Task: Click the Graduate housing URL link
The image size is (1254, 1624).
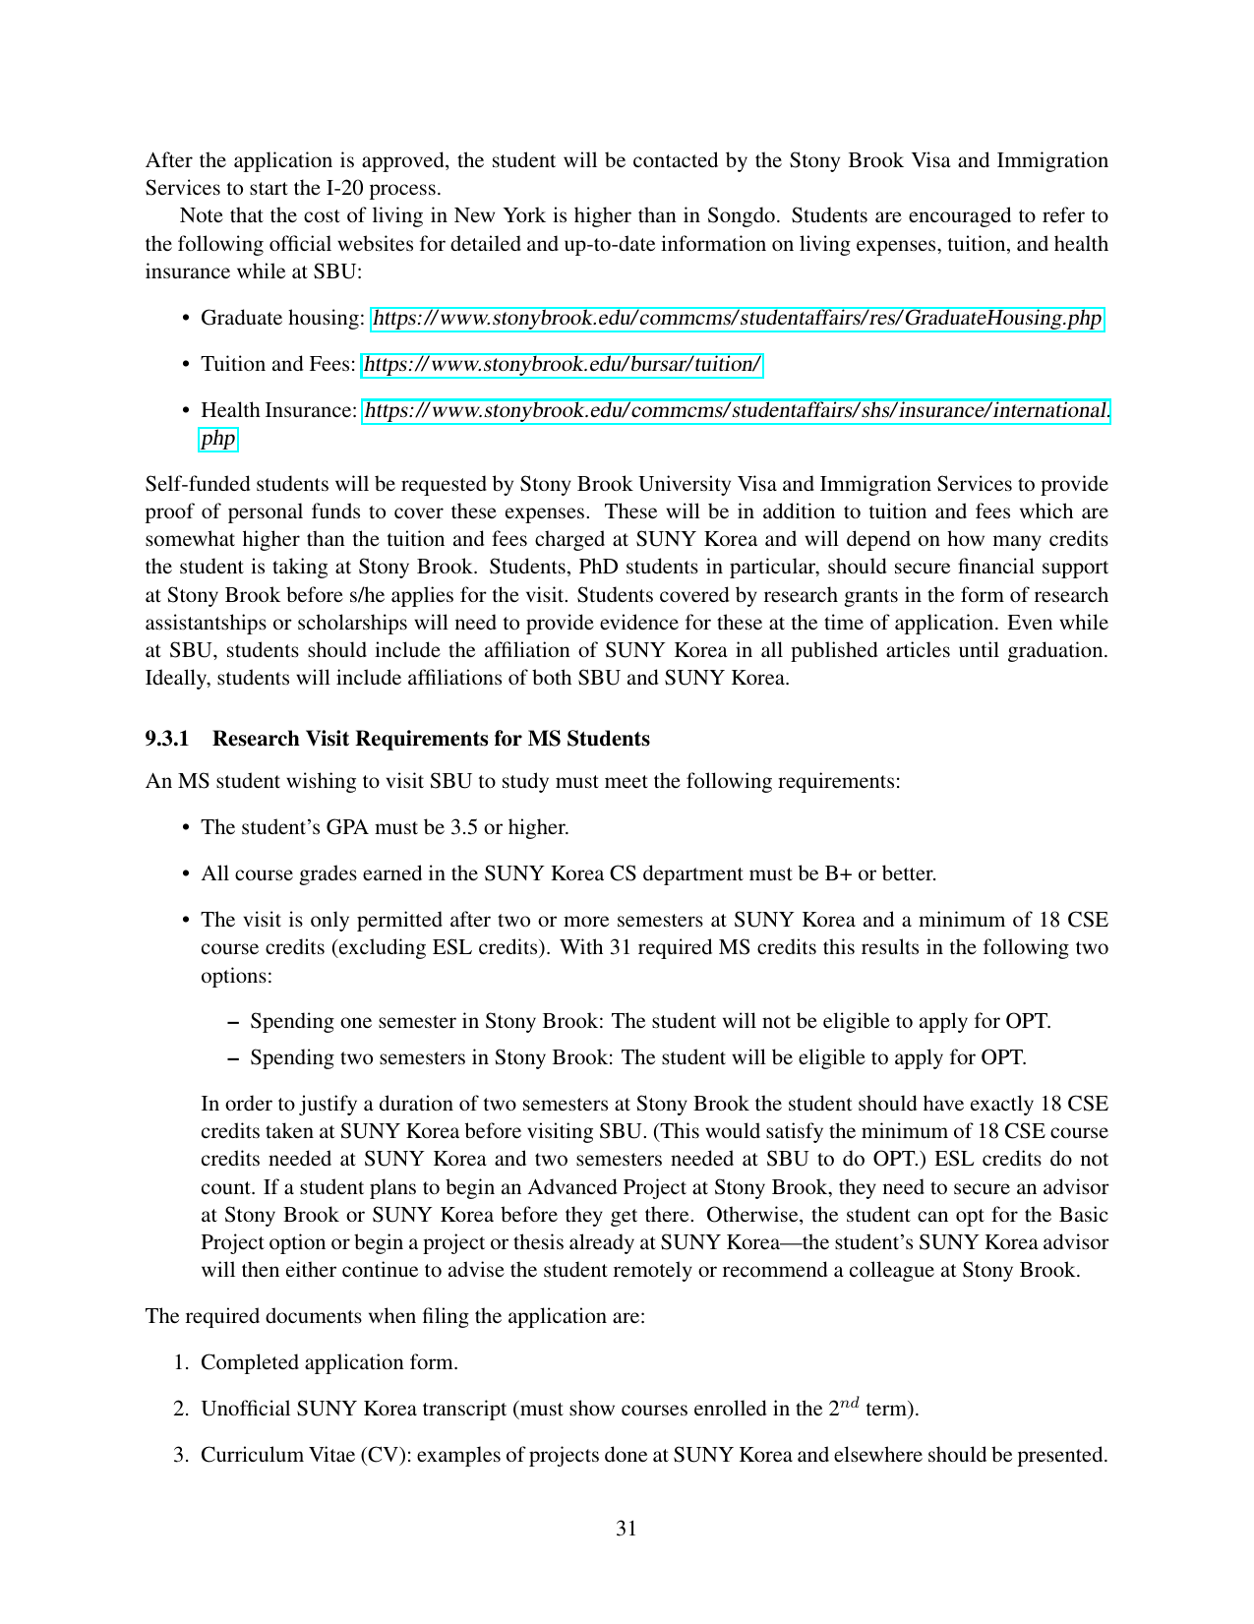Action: [737, 319]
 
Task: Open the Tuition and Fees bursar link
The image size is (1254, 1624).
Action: [562, 365]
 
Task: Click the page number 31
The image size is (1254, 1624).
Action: [627, 1529]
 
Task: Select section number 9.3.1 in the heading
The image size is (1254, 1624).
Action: [166, 739]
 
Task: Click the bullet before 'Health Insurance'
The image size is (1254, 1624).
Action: [186, 411]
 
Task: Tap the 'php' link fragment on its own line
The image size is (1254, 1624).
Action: [218, 439]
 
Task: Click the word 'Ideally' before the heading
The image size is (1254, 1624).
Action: [177, 679]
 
